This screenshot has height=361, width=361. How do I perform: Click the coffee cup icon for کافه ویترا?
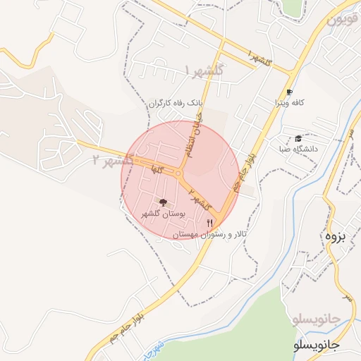click(289, 92)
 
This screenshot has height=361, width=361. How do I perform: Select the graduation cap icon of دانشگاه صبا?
click(298, 138)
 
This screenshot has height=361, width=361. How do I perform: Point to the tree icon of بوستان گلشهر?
click(164, 203)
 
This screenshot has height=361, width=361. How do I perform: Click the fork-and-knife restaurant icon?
click(209, 222)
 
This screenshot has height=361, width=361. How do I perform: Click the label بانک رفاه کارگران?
click(175, 103)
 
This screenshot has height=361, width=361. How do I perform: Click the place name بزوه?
click(334, 235)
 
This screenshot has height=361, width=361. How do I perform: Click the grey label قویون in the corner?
click(343, 19)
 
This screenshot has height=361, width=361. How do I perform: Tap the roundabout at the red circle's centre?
click(178, 173)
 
